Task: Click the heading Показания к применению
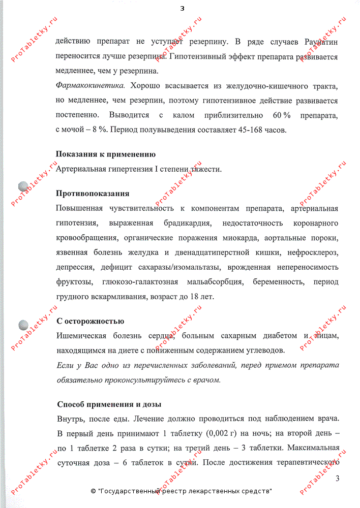pos(106,154)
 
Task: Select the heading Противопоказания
pos(92,194)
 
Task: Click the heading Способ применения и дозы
pos(109,404)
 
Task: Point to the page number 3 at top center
pos(182,8)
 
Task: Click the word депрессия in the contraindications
pos(74,267)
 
